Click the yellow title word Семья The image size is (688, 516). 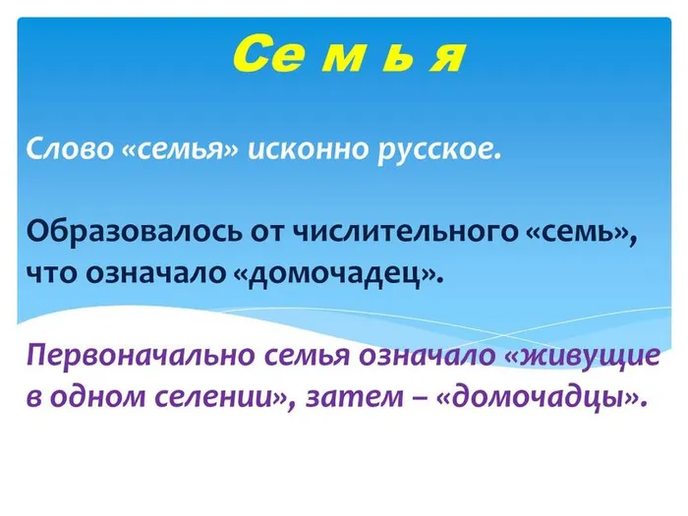(350, 54)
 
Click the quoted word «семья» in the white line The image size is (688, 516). (183, 152)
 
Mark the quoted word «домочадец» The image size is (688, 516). (338, 270)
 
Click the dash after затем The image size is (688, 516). (429, 397)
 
